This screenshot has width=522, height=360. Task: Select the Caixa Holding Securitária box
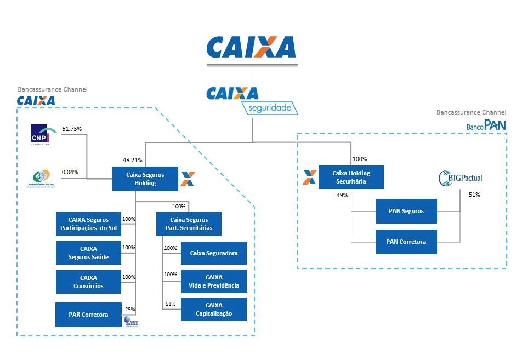click(351, 177)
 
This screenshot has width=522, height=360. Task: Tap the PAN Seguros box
click(406, 211)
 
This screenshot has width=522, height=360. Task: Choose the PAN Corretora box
click(406, 242)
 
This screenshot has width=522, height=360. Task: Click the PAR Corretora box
click(88, 315)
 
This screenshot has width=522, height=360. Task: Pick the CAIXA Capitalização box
click(214, 310)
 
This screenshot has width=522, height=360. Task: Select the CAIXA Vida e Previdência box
click(214, 282)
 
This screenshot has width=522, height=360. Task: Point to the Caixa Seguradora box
click(214, 253)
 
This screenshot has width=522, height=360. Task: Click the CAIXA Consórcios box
click(88, 282)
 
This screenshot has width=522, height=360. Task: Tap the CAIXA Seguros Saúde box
click(88, 253)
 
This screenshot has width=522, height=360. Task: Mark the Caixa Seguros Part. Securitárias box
click(189, 224)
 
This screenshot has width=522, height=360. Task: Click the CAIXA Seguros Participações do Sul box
click(88, 224)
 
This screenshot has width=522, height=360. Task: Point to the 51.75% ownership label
click(72, 129)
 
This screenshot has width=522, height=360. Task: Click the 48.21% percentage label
click(133, 161)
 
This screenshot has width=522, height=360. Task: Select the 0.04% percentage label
click(70, 172)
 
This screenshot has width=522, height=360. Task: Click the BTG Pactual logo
click(461, 178)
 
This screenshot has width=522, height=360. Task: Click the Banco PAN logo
click(486, 125)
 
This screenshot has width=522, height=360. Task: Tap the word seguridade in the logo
click(271, 108)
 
